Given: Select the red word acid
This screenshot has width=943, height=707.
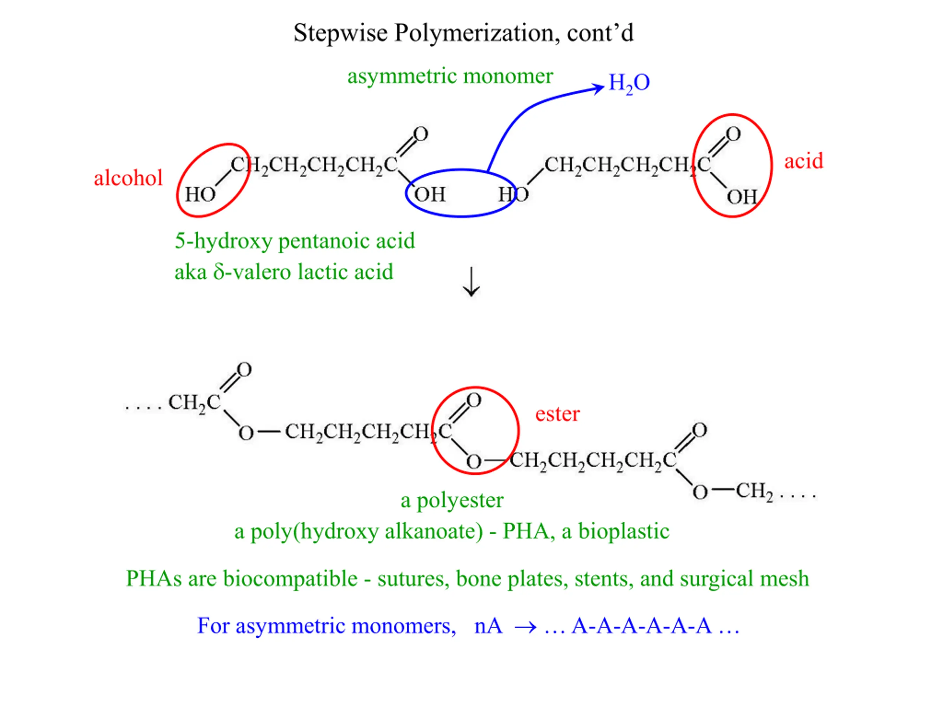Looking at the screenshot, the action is (x=804, y=161).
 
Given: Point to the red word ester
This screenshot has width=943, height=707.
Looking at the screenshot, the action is (x=557, y=414).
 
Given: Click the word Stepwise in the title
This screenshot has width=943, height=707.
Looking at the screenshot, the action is (x=340, y=33).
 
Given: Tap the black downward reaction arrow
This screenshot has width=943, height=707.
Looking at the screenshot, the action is (x=471, y=282).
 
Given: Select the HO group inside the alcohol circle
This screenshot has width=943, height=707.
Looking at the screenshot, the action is (x=200, y=194).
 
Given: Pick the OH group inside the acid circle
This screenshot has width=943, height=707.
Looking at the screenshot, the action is (x=742, y=197).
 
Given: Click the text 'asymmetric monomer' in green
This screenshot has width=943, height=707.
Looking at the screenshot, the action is (x=450, y=77).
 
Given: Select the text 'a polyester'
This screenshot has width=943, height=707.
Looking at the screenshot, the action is (x=452, y=500).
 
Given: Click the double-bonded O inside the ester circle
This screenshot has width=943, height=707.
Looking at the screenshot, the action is (x=474, y=400).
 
